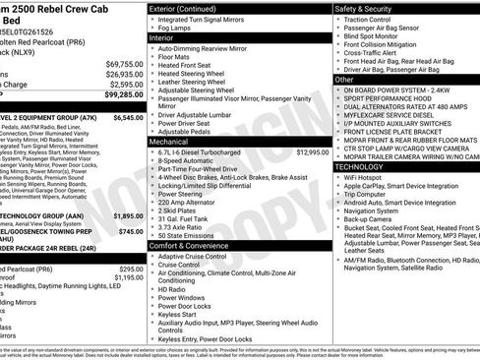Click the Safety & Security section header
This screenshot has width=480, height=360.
click(365, 7)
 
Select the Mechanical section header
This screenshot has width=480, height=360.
click(170, 142)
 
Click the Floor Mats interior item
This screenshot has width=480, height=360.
click(177, 58)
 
